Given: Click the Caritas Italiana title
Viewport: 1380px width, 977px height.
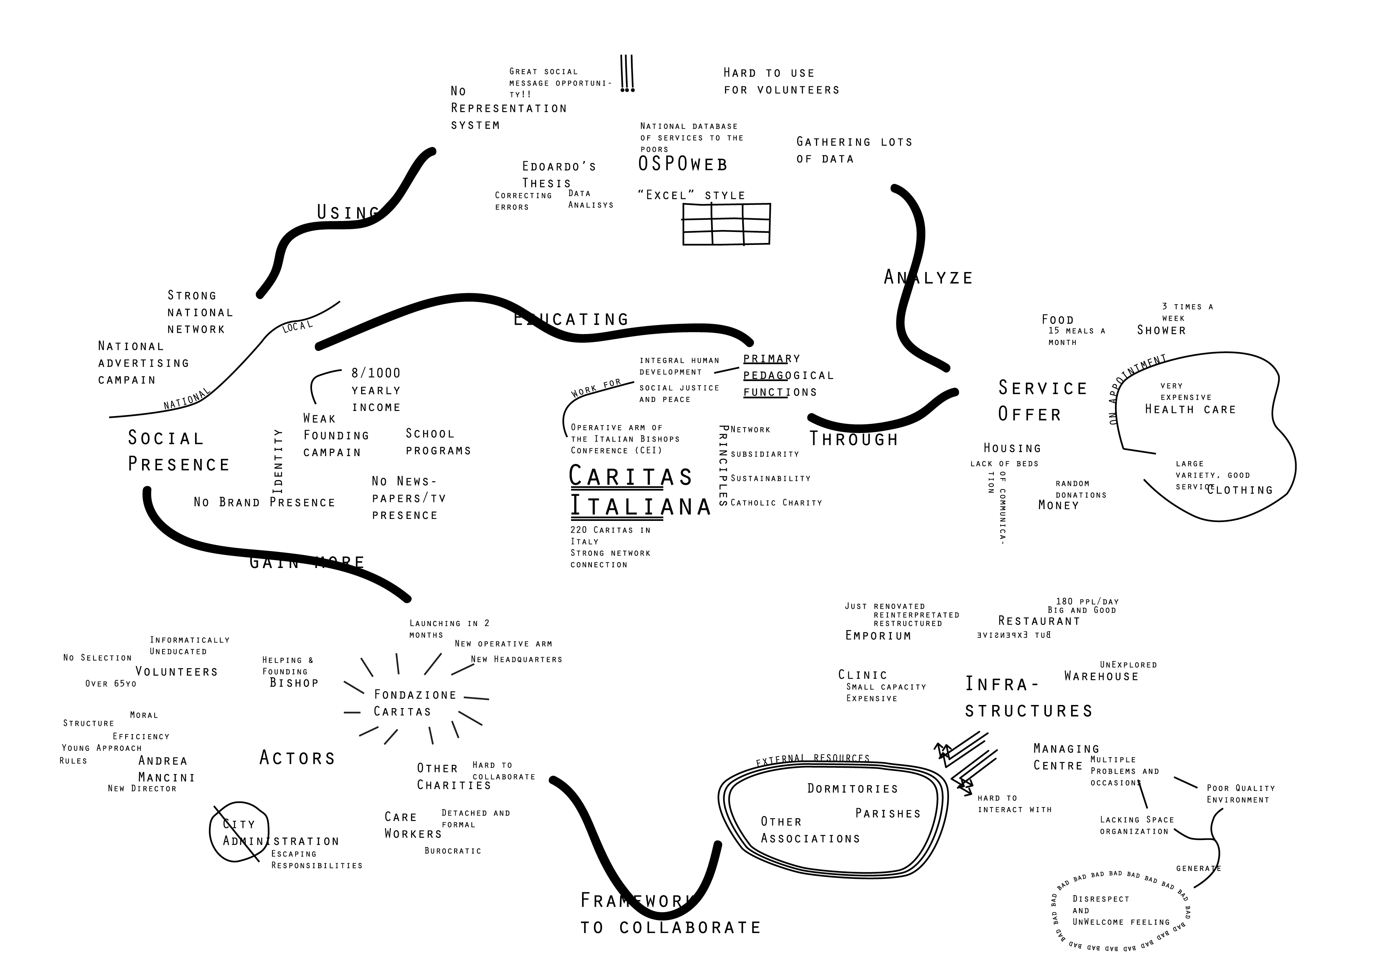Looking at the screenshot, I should pos(639,491).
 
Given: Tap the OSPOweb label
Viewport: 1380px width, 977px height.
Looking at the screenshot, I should pos(683,164).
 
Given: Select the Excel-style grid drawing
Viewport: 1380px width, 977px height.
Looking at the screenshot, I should pos(726,224).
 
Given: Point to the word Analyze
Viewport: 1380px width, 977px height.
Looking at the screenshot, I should pos(928,278).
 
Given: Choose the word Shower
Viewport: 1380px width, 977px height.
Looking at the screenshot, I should pos(1161,330).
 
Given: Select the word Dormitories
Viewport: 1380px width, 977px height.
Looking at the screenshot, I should pos(852,789).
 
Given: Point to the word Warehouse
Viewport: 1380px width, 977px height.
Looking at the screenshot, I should pos(1101,676).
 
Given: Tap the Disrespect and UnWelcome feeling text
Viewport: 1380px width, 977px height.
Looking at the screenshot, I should pos(1121,910).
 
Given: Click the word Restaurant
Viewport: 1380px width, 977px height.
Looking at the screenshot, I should pos(1039,621).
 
